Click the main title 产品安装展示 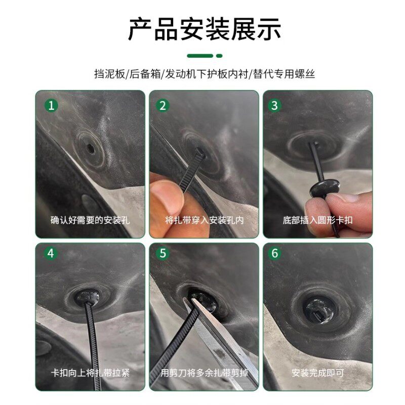(205, 29)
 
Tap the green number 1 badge (51, 105)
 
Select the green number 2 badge (163, 105)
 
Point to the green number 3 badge (274, 105)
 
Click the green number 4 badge (51, 253)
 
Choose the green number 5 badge (163, 253)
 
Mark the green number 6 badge (274, 253)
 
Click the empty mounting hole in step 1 (91, 148)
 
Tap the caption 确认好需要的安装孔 (90, 220)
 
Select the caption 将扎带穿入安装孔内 (204, 220)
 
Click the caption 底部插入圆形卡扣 (317, 220)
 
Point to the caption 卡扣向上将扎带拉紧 (90, 373)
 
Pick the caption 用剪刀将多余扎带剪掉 (204, 373)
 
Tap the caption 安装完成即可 (317, 373)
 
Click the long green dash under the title (200, 56)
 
